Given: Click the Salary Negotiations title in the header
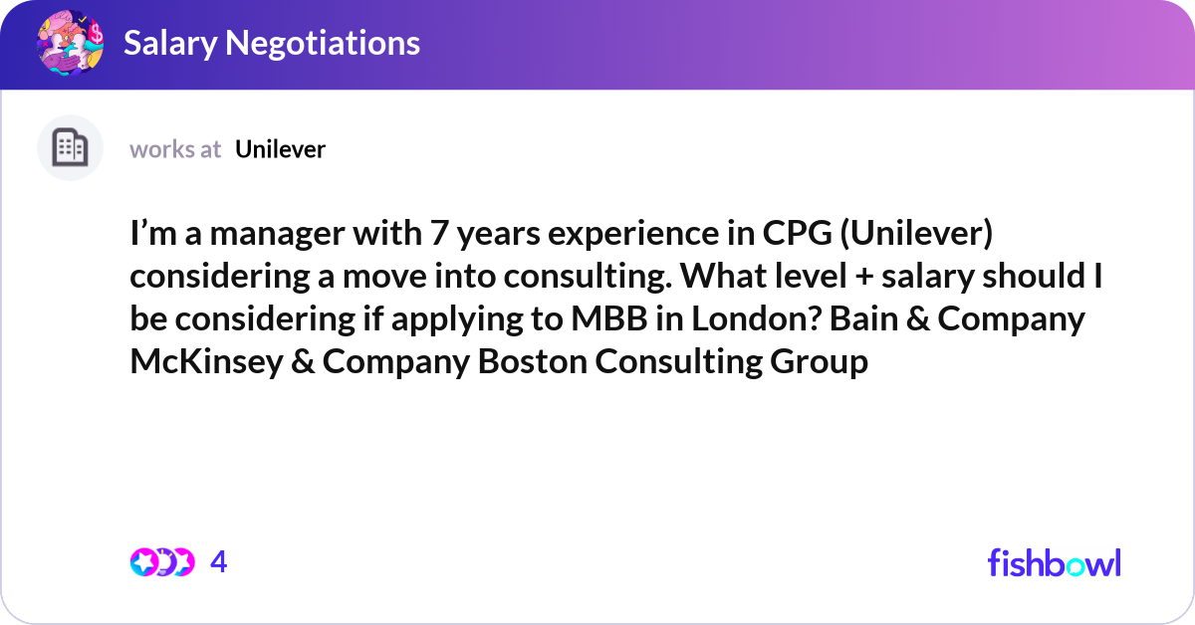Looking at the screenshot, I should [271, 43].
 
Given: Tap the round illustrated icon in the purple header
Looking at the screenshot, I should [70, 43].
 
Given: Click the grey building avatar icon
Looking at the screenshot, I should [70, 148].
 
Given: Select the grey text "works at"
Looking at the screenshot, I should [175, 149].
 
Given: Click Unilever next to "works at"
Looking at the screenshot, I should [281, 149].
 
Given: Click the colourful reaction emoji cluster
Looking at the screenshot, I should [161, 562].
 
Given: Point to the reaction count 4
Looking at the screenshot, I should [219, 562].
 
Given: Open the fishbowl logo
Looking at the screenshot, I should [1054, 562].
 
